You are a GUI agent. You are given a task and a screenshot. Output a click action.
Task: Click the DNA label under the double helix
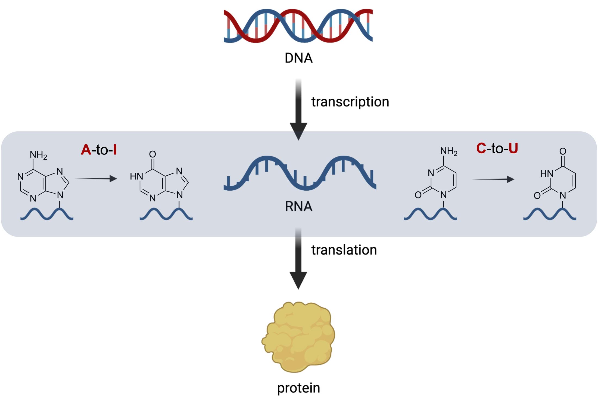(x=298, y=58)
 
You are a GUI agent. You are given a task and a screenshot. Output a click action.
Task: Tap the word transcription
(x=350, y=102)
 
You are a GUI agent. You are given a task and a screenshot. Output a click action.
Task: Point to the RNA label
(x=298, y=206)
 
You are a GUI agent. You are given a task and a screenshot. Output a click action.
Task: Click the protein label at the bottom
(x=298, y=388)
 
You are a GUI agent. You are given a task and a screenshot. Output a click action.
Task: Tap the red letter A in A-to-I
(x=86, y=150)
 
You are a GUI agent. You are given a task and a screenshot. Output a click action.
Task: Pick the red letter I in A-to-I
(x=115, y=150)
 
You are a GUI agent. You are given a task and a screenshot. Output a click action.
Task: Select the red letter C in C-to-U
(x=481, y=148)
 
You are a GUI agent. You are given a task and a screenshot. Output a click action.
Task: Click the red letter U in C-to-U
(x=513, y=148)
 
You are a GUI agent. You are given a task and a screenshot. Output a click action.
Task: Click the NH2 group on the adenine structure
(x=38, y=155)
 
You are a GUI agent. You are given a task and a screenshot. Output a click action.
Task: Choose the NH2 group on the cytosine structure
(x=449, y=151)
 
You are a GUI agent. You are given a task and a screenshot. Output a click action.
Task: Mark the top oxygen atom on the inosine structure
(x=152, y=154)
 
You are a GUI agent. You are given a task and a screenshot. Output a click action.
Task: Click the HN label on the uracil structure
(x=547, y=173)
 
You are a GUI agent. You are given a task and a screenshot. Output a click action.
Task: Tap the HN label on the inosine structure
(x=136, y=176)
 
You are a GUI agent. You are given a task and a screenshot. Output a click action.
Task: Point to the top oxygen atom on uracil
(x=563, y=151)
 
